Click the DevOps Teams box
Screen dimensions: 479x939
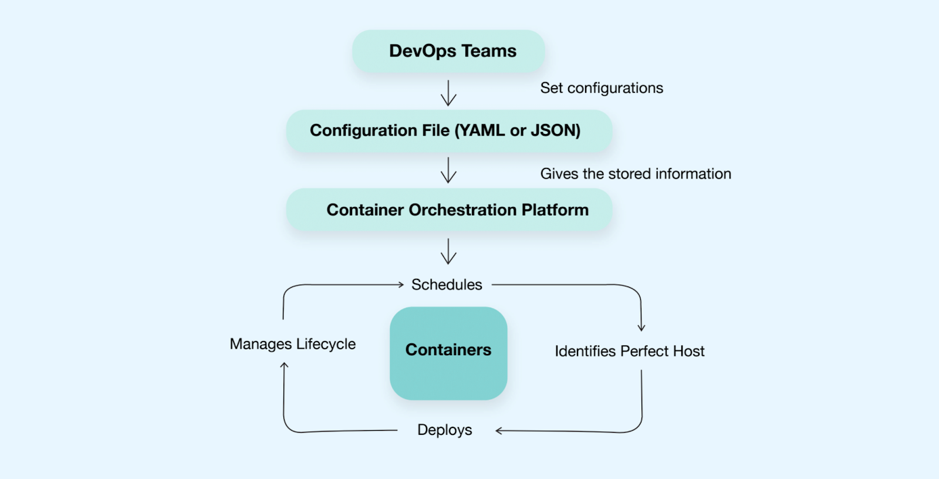tap(448, 51)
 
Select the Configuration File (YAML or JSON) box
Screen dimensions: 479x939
tap(449, 130)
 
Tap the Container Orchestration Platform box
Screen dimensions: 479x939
tap(449, 210)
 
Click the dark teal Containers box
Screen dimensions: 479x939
tap(448, 353)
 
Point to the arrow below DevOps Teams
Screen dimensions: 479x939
tap(448, 93)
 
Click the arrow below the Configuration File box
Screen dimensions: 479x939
tap(448, 170)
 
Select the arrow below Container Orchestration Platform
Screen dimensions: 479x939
tap(448, 251)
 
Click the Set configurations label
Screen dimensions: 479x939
tap(602, 88)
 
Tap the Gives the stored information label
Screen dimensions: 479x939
tap(636, 174)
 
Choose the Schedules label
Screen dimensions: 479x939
tap(447, 285)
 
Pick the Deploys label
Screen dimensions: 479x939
tap(444, 430)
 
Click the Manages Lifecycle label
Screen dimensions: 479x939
tap(292, 344)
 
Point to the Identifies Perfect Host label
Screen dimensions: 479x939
tap(629, 351)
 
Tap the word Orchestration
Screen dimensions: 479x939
tap(462, 210)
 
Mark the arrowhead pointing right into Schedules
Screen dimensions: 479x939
tap(401, 285)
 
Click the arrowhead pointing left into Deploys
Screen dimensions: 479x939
tap(499, 431)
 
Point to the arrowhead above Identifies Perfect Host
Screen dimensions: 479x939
tap(641, 328)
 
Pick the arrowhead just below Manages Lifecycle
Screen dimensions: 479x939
tap(284, 365)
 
